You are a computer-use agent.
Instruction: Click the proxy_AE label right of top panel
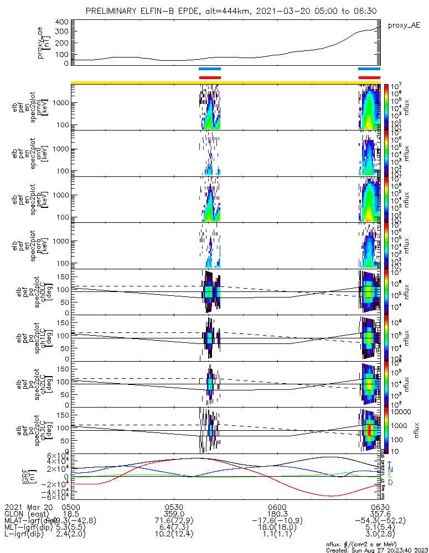coord(404,25)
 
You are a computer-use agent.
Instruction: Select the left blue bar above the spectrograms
coord(210,69)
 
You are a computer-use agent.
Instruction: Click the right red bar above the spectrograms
coord(369,78)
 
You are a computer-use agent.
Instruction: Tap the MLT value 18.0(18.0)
coord(277,530)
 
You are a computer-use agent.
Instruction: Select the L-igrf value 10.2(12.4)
coord(174,537)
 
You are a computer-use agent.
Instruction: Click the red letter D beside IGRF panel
coord(390,483)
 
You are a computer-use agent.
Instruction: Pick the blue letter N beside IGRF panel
coord(390,470)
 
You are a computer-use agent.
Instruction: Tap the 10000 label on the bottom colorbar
coord(400,413)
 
